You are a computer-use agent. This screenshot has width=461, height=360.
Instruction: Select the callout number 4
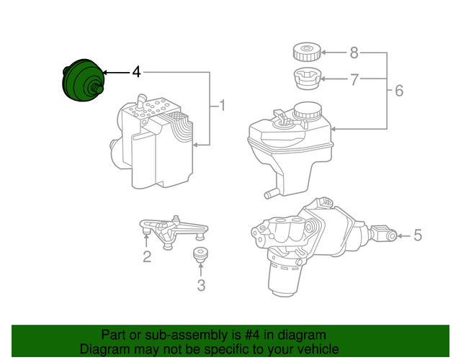[136, 72]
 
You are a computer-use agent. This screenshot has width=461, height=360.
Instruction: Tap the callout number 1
[222, 107]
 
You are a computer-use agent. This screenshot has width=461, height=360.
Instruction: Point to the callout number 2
[146, 256]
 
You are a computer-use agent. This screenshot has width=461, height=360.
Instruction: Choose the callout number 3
[200, 285]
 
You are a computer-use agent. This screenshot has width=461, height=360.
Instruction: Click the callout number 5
[418, 235]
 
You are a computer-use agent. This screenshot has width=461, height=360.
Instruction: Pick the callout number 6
[398, 91]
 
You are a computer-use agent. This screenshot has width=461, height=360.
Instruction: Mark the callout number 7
[354, 79]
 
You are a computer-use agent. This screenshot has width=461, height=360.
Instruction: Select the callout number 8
[354, 52]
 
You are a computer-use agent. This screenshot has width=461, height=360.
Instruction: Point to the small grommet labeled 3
[200, 255]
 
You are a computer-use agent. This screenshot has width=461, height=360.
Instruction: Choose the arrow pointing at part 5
[402, 235]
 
